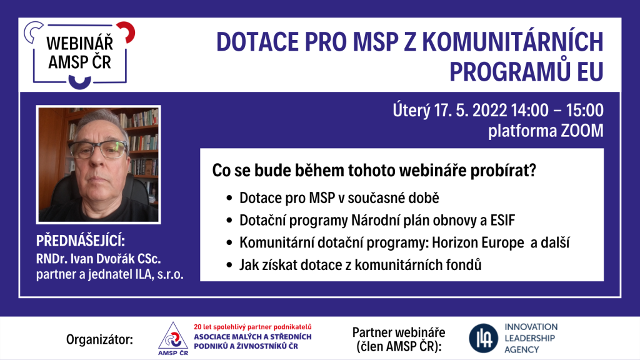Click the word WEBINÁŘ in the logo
79,43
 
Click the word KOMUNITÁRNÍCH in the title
512,42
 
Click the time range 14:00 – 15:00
557,110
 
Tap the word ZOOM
582,131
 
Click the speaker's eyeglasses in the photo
98,149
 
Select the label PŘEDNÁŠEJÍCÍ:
81,241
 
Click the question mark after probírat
531,170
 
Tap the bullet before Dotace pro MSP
229,198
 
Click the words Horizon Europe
478,243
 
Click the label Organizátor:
99,339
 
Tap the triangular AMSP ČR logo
173,338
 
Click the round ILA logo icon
483,338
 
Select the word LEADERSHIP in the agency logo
530,338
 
